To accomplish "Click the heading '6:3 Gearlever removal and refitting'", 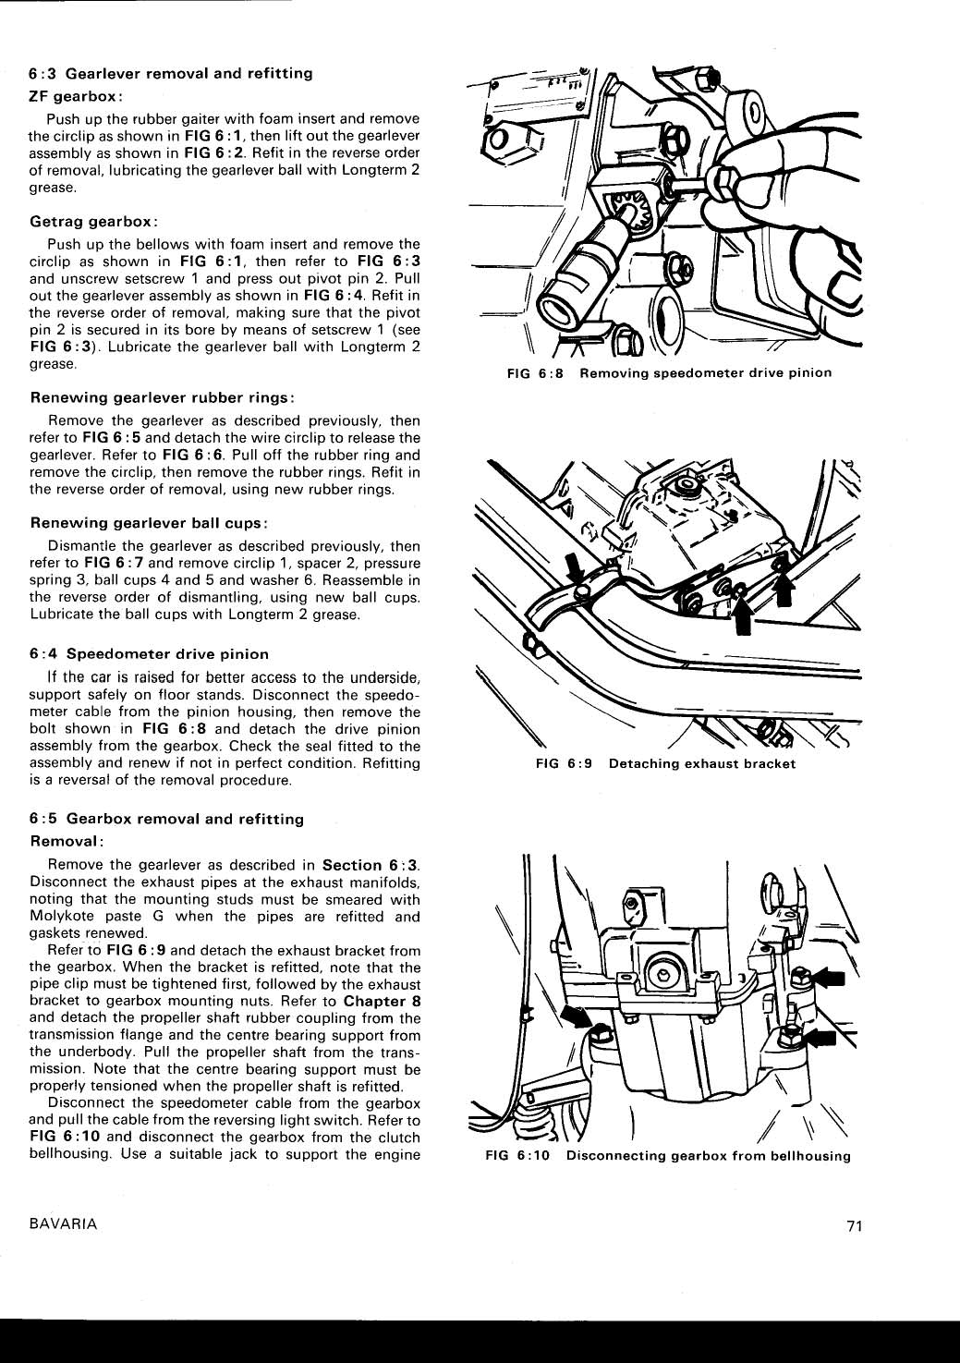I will click(x=171, y=73).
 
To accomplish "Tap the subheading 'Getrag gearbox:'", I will click(x=93, y=222).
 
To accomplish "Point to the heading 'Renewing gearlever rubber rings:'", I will click(x=163, y=397).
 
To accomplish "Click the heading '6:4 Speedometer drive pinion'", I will click(x=149, y=653).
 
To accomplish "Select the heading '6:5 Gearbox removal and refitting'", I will click(x=166, y=819).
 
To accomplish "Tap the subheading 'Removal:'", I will click(x=67, y=842).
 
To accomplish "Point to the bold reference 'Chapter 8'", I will click(x=382, y=1001).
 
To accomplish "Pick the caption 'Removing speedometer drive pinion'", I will click(x=705, y=373).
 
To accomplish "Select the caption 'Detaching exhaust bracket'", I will click(x=701, y=764).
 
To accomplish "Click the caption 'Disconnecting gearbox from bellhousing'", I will click(x=708, y=1156).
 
